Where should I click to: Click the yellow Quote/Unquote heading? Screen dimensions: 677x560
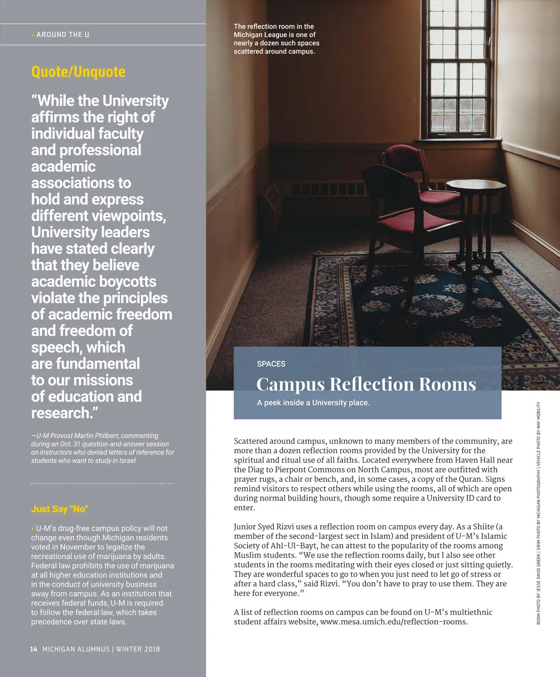click(78, 72)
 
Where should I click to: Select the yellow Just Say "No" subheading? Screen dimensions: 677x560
click(60, 509)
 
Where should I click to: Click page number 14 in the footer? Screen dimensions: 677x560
click(34, 649)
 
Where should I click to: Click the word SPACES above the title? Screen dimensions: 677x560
click(271, 364)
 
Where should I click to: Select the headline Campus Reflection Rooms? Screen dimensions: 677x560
click(366, 384)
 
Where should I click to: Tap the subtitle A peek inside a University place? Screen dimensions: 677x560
click(313, 402)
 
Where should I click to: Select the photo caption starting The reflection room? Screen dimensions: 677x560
click(276, 39)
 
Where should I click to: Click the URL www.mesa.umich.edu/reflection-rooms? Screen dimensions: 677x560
click(394, 622)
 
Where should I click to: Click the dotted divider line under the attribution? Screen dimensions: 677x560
click(103, 483)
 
